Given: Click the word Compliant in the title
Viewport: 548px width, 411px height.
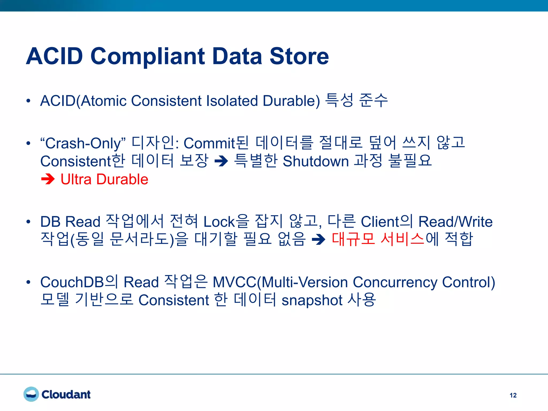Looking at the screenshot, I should coord(148,57).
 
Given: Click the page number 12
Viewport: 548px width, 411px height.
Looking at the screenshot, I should coord(513,395).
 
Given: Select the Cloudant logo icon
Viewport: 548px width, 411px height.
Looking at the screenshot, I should coord(31,394).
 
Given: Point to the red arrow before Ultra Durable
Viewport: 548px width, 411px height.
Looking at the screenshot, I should coord(48,179).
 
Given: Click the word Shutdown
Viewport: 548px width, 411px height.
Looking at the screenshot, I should coord(316,161).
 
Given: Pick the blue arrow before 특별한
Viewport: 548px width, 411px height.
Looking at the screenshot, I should coord(221,161).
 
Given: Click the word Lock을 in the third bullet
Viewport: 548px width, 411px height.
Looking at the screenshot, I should coord(226,222).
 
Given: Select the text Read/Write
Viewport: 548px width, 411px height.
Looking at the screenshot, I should coord(455,222).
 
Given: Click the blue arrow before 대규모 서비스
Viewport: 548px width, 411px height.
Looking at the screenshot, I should coord(319,239).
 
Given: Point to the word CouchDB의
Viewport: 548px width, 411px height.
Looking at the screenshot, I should coord(79,282).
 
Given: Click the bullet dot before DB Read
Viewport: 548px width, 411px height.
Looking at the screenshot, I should coord(28,222).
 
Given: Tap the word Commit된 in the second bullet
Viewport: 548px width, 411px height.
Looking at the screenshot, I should coord(216,143).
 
